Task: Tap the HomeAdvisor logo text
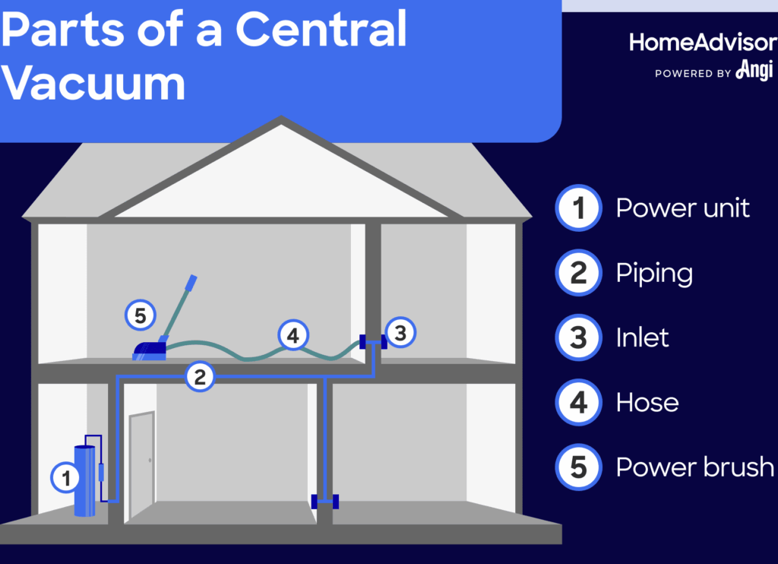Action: (702, 43)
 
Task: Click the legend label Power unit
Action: (682, 208)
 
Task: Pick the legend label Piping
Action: (654, 273)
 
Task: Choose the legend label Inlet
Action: (642, 337)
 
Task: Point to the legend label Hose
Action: (647, 402)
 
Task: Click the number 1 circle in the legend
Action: (579, 208)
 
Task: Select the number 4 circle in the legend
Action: (579, 402)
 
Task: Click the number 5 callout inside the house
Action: (140, 315)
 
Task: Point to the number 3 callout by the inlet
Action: (401, 331)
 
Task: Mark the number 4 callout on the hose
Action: (293, 335)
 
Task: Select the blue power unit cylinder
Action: (84, 480)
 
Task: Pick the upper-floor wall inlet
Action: (373, 342)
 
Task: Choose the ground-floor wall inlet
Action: (325, 501)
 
